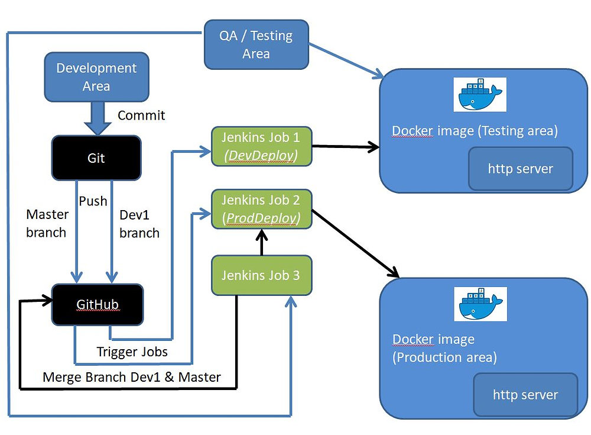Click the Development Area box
[x=96, y=77]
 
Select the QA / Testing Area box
[x=256, y=44]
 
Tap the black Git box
[x=96, y=157]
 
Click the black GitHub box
[x=98, y=304]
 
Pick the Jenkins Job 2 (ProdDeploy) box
[x=261, y=209]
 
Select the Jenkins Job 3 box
[x=261, y=275]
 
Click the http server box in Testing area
[x=520, y=169]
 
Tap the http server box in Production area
[x=525, y=394]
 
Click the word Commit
[x=141, y=115]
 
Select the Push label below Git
[x=93, y=201]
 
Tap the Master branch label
[x=47, y=223]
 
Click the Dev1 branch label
[x=139, y=224]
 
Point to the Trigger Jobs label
[x=132, y=352]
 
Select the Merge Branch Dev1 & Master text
[x=132, y=377]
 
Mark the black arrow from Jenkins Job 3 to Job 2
[x=261, y=243]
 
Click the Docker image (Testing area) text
[x=475, y=131]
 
